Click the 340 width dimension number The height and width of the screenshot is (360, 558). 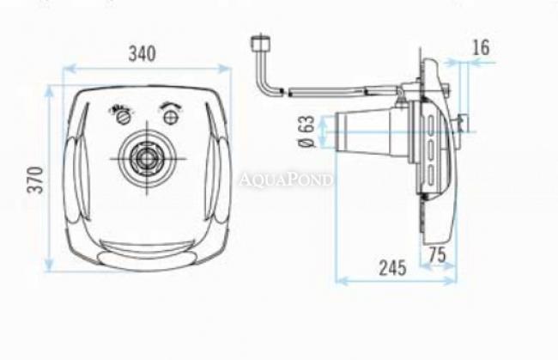click(142, 53)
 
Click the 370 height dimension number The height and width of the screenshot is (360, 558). click(35, 180)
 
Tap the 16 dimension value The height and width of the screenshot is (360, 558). click(481, 47)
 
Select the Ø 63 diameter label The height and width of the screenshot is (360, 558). click(306, 131)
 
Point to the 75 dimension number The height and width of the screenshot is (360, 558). click(437, 255)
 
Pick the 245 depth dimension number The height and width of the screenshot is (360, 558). click(392, 268)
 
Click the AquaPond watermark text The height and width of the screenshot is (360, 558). click(286, 180)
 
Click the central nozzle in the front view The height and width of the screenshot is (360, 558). click(147, 158)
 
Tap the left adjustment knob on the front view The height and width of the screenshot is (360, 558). click(124, 117)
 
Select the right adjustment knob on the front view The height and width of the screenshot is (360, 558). click(170, 117)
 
